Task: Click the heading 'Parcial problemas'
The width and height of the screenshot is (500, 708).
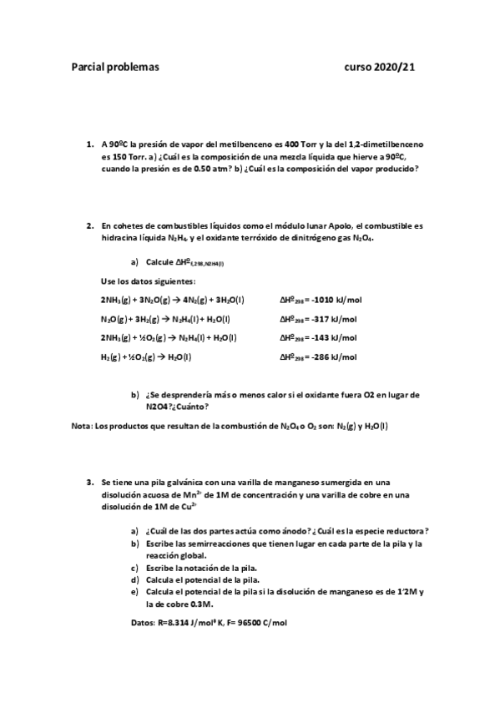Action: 114,68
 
